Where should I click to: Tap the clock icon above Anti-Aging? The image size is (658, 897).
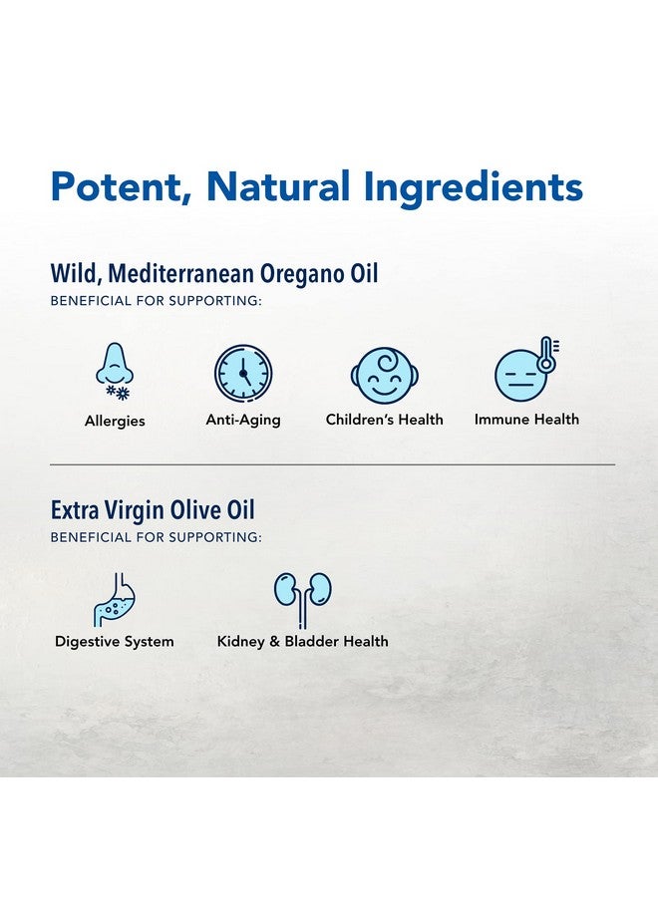[x=243, y=373]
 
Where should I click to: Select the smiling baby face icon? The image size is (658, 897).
[x=384, y=375]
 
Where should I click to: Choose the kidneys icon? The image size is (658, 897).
[x=303, y=595]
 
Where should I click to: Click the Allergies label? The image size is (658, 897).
[x=115, y=422]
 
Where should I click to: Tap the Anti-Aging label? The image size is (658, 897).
[x=243, y=420]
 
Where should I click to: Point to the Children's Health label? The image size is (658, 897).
[x=384, y=420]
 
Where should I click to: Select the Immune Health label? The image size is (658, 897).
[x=526, y=420]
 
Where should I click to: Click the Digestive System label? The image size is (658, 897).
[x=114, y=641]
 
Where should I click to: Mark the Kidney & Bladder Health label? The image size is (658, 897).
[x=303, y=641]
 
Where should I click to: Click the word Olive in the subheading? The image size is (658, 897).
[x=199, y=511]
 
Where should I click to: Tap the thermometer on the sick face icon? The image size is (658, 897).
[x=546, y=355]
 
